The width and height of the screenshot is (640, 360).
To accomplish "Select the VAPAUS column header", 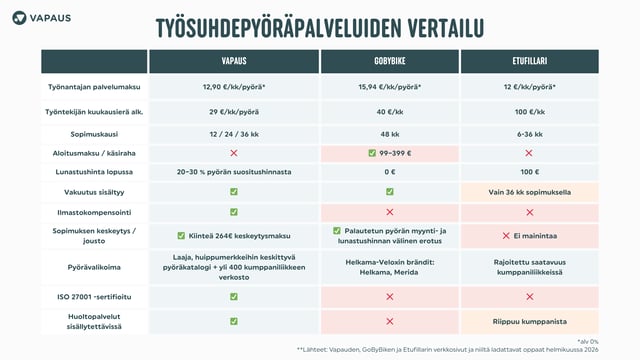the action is (233, 61).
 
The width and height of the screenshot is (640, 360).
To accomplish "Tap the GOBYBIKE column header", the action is (389, 61).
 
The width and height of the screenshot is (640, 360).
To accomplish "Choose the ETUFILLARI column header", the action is (529, 61).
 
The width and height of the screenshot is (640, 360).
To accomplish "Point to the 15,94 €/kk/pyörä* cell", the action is (389, 87).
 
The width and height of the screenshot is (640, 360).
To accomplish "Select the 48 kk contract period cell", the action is (389, 132).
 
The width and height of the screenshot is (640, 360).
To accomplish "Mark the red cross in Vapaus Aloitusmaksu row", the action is (233, 153).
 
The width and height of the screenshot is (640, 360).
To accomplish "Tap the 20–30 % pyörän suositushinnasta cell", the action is (233, 172).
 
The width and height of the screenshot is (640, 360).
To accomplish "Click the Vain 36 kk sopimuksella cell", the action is (529, 191).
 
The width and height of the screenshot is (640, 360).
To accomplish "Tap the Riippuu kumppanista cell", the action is (529, 321).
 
